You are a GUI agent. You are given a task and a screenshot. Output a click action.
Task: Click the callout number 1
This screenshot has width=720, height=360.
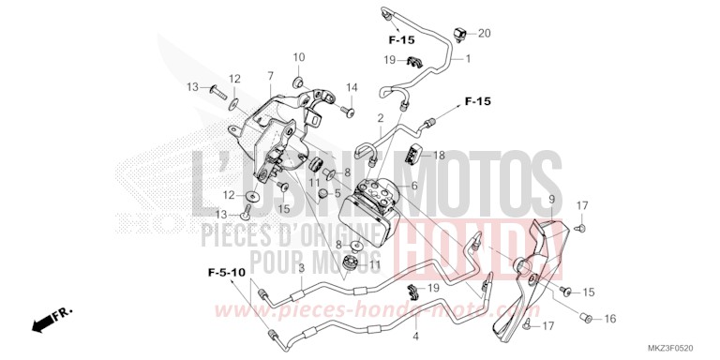(x=467, y=58)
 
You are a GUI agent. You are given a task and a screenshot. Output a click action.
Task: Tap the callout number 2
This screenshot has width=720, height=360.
(x=381, y=119)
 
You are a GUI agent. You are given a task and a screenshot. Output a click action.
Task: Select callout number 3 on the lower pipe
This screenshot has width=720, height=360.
(x=300, y=269)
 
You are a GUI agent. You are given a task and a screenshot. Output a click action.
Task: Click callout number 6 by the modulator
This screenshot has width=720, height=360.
(x=412, y=187)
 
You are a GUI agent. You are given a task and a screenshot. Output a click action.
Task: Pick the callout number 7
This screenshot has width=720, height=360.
(x=270, y=75)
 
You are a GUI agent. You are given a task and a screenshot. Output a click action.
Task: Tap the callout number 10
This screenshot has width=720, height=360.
(x=298, y=58)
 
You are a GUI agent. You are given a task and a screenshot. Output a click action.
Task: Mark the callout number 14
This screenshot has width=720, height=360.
(x=352, y=88)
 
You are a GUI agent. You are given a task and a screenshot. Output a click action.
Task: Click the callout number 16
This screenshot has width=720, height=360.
(x=609, y=319)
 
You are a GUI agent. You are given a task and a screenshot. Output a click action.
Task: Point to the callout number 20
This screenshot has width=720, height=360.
(x=484, y=34)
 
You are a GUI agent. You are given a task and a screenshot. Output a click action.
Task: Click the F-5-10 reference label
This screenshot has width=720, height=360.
(x=226, y=272)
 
